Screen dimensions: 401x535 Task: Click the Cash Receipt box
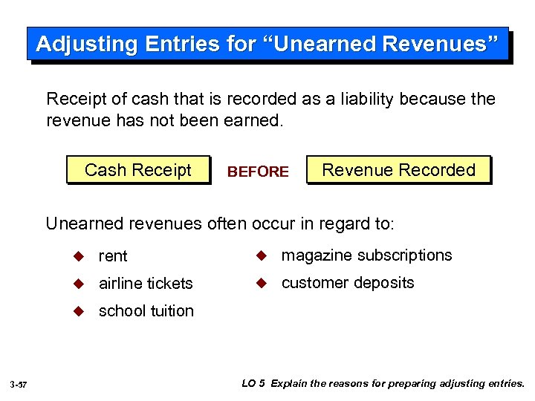tap(138, 170)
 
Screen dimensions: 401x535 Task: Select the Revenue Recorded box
tap(398, 170)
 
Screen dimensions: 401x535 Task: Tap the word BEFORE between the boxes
tap(258, 172)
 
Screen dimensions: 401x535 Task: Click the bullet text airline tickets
tap(146, 283)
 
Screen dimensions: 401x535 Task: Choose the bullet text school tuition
tap(146, 310)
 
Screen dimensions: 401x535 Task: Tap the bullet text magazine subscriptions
tap(366, 255)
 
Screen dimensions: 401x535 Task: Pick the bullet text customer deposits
tap(348, 283)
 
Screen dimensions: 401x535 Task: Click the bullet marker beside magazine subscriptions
tap(261, 255)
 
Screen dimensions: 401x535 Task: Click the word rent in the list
tap(113, 256)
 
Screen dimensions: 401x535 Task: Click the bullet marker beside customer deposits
tap(261, 282)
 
